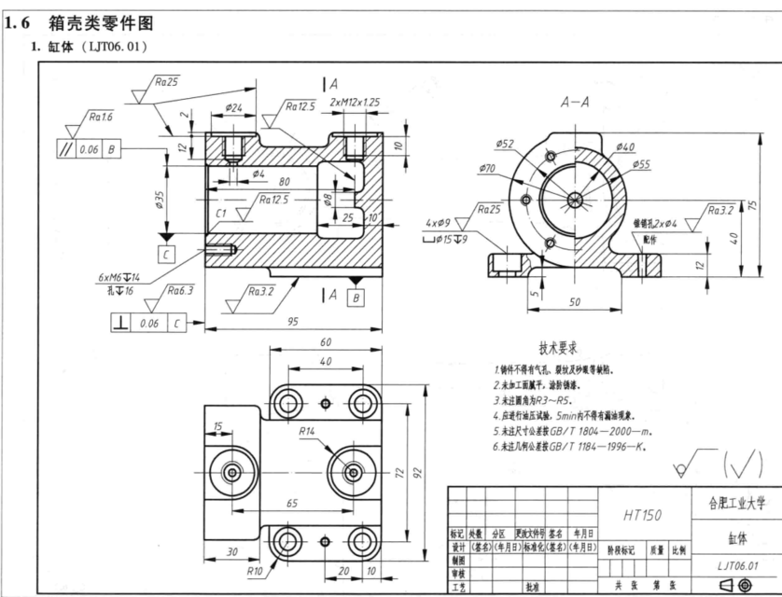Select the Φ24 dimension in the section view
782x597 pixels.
(235, 109)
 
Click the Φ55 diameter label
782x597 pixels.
(640, 163)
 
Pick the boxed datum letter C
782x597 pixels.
(165, 254)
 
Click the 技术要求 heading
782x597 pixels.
(557, 343)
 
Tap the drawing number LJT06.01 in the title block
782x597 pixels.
(738, 564)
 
